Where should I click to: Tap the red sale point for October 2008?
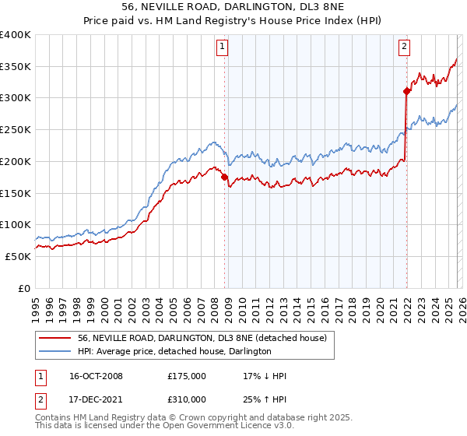click(225, 177)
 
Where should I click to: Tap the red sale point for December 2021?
click(406, 91)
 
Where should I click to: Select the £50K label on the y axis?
click(17, 256)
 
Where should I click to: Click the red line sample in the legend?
click(55, 337)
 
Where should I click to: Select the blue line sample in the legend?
click(55, 351)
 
